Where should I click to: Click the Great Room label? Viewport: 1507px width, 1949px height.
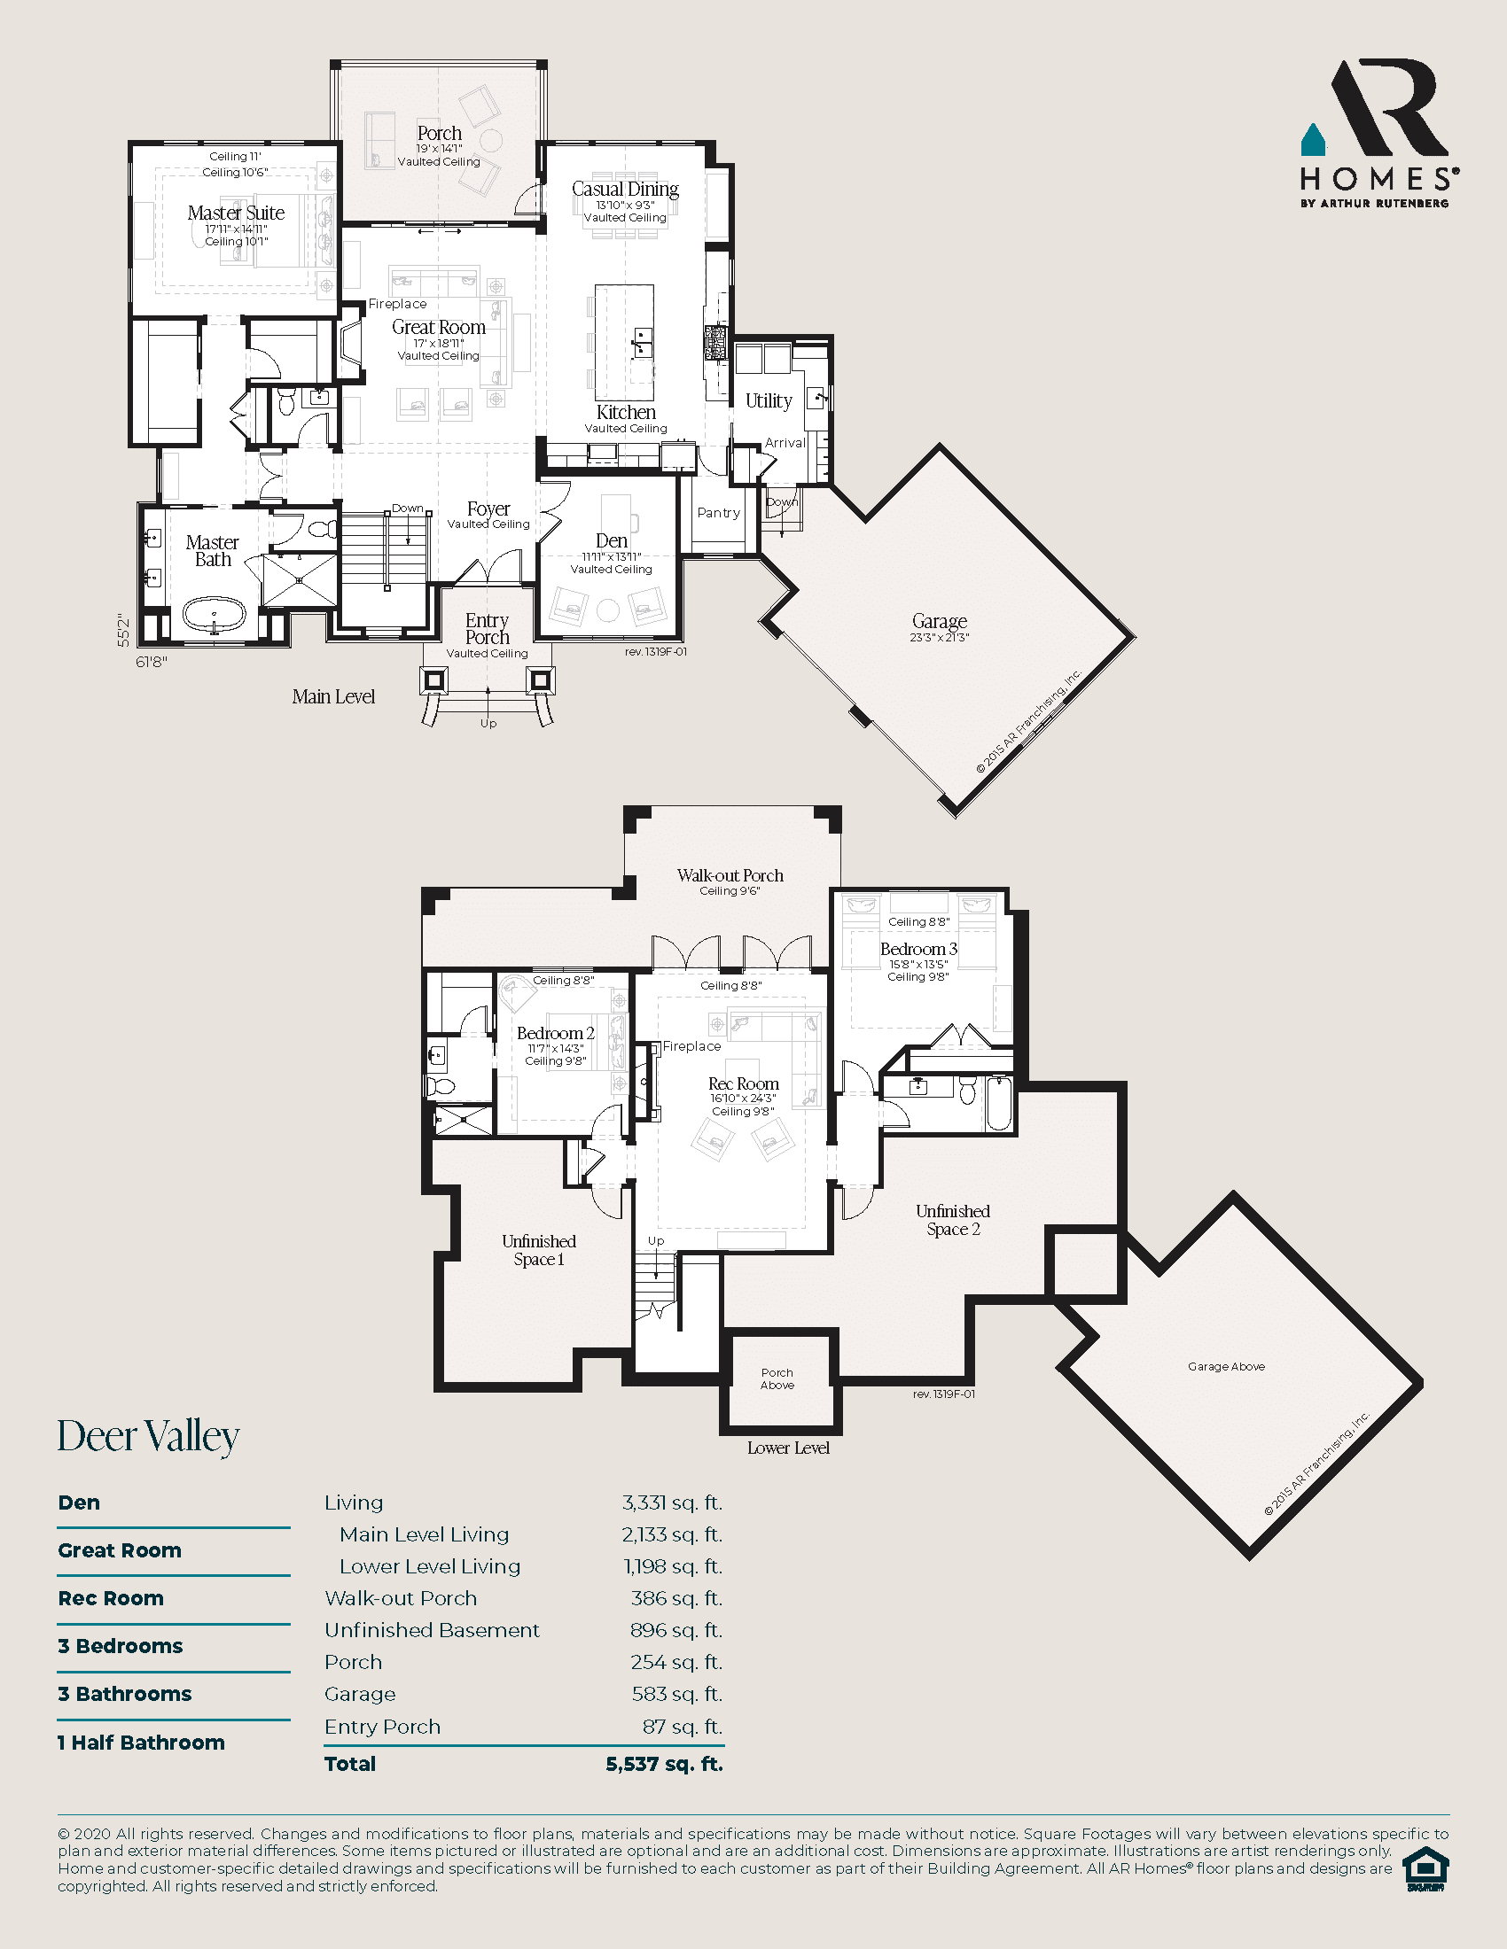click(x=438, y=328)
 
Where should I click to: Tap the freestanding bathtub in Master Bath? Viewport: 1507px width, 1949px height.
click(x=215, y=615)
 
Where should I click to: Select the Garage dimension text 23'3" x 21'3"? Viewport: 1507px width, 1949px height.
click(x=939, y=637)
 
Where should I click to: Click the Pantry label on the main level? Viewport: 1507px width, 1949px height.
click(x=719, y=513)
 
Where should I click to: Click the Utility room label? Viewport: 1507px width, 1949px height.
click(x=769, y=400)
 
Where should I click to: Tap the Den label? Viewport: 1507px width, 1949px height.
click(x=612, y=540)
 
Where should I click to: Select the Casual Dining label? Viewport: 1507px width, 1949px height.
click(x=625, y=190)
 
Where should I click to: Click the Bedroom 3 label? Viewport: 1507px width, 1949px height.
click(x=917, y=949)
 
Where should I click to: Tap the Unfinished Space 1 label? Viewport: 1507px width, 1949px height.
click(x=538, y=1250)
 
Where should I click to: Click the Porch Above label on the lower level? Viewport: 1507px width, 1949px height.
click(x=777, y=1378)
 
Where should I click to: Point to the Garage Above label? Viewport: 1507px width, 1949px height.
click(x=1226, y=1366)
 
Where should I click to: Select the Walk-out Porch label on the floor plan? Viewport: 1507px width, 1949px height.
click(x=730, y=875)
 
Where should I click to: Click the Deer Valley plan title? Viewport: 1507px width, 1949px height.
click(x=148, y=1437)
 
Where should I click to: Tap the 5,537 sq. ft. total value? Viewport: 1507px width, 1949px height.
click(x=663, y=1763)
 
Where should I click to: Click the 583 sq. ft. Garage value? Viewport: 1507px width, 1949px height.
click(x=675, y=1694)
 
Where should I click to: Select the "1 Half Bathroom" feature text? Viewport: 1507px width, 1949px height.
click(x=141, y=1742)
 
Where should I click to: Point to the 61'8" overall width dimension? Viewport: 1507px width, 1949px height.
click(x=152, y=662)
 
